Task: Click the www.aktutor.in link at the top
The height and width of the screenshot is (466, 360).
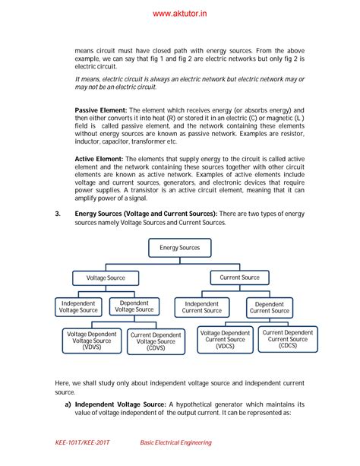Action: point(180,13)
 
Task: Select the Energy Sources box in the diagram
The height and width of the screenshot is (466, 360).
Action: point(179,248)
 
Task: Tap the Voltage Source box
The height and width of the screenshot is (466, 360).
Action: point(106,278)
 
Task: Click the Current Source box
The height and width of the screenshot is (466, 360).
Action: point(240,277)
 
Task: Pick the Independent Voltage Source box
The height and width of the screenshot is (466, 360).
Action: point(78,306)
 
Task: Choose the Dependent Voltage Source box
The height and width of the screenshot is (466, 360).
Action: point(134,306)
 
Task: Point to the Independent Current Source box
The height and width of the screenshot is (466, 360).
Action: point(202,307)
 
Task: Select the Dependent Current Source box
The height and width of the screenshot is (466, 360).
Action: point(270,307)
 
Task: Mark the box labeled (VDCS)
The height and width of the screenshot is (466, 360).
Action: point(225,340)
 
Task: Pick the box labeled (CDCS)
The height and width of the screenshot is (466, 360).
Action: point(287,339)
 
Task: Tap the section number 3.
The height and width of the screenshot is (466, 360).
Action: point(58,214)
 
